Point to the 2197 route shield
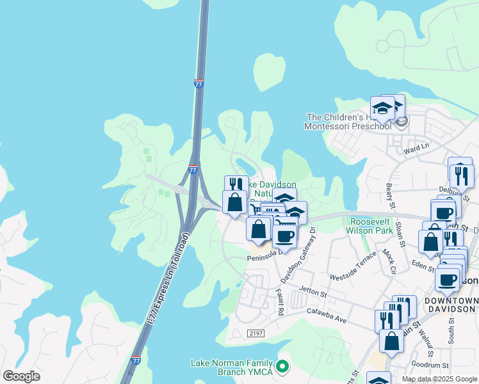(x=256, y=333)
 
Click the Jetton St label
(x=313, y=294)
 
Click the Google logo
(x=21, y=376)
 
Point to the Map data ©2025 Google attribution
(x=439, y=379)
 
